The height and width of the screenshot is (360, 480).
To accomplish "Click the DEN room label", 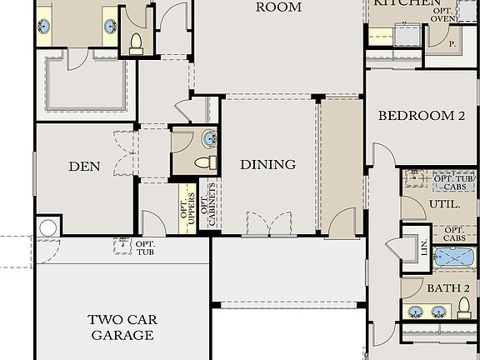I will (x=83, y=167).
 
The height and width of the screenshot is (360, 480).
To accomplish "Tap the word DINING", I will (x=267, y=165).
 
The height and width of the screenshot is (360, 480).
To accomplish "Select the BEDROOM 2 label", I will (x=421, y=117).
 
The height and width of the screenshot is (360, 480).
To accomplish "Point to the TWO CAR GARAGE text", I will (x=122, y=327).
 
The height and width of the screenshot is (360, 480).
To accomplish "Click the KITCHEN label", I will (x=406, y=3).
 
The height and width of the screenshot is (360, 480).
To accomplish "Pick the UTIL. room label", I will (x=440, y=203).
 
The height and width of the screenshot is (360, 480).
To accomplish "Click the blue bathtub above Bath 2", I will (x=454, y=257).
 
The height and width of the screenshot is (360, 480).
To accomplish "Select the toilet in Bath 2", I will (x=465, y=311).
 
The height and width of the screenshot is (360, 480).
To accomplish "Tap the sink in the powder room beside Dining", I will (x=208, y=138).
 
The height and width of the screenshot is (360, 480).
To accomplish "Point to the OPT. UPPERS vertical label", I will (x=187, y=206).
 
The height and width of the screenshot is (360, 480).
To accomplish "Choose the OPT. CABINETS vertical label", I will (x=208, y=204).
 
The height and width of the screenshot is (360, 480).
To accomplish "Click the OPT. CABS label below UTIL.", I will (x=454, y=234).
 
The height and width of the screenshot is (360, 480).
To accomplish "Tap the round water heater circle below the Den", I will (x=48, y=227).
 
